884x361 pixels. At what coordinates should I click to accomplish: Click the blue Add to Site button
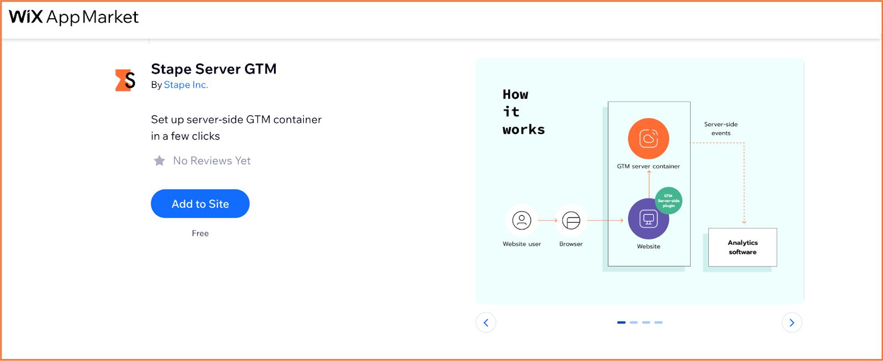click(200, 203)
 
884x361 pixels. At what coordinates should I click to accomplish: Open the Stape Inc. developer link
click(186, 85)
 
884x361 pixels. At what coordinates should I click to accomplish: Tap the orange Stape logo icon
click(125, 80)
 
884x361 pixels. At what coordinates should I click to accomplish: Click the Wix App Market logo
click(74, 17)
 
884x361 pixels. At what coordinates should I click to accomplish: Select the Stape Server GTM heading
click(213, 69)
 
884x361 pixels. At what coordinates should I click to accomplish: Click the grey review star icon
click(159, 160)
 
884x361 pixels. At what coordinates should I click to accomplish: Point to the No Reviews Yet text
click(212, 160)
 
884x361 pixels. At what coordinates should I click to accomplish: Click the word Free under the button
click(200, 233)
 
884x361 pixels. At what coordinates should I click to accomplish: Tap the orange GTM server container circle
click(649, 138)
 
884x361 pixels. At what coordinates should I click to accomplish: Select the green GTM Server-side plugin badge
click(669, 201)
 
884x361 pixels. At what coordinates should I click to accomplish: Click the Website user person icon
click(522, 220)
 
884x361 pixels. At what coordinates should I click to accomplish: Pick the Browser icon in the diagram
click(571, 220)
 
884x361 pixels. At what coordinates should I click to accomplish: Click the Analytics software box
click(743, 247)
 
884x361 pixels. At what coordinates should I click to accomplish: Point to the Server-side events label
click(720, 128)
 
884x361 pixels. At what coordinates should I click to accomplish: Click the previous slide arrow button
click(486, 323)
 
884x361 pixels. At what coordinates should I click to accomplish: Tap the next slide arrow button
click(792, 323)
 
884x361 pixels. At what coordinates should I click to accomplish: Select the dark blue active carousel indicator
click(621, 322)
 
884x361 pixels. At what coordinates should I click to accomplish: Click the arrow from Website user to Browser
click(548, 220)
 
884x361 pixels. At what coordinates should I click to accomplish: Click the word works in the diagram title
click(524, 129)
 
